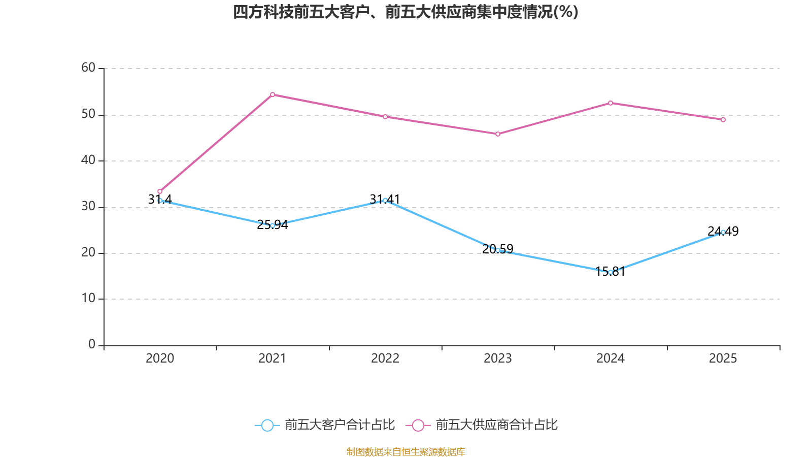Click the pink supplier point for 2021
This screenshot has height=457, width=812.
click(x=273, y=94)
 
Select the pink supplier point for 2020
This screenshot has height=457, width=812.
click(x=160, y=191)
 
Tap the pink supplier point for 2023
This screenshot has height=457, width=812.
click(x=498, y=134)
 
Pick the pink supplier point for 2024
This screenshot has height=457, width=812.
click(x=611, y=103)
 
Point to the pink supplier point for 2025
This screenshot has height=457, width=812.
click(x=723, y=120)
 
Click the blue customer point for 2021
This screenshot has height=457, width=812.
click(x=273, y=225)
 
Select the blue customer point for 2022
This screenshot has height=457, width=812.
click(x=385, y=200)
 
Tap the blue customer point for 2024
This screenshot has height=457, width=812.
click(x=611, y=272)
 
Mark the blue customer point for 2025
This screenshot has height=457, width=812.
click(x=723, y=232)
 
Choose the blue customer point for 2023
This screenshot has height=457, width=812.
click(x=498, y=250)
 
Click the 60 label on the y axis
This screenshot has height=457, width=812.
click(x=88, y=68)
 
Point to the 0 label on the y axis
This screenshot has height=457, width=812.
click(x=92, y=345)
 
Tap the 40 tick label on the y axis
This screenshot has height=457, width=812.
click(x=88, y=160)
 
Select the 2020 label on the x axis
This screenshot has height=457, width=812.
click(x=160, y=358)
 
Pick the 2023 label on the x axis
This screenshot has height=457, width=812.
click(x=498, y=358)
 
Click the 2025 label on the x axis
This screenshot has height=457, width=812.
click(x=723, y=358)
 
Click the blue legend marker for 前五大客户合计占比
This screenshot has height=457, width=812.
click(x=267, y=425)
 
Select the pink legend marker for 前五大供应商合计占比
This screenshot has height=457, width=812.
click(x=418, y=425)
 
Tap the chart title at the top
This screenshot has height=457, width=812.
click(x=405, y=12)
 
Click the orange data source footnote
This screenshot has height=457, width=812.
click(x=405, y=451)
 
